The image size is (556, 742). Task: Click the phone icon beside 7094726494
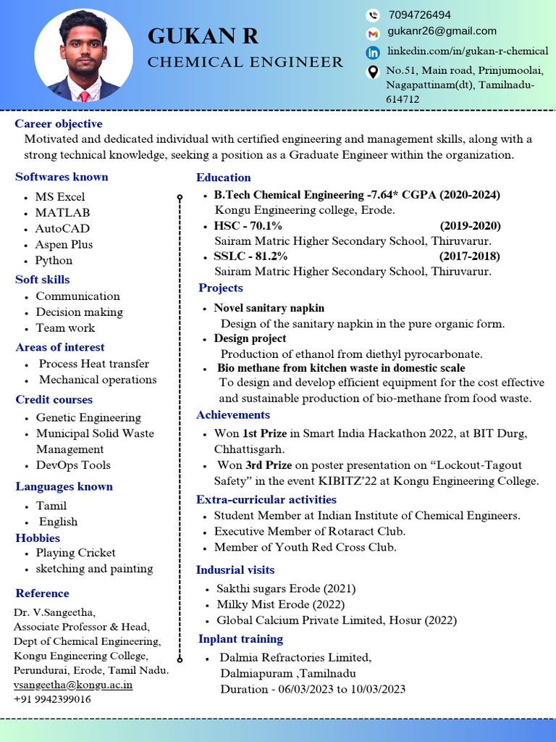(373, 14)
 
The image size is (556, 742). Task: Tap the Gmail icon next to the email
(373, 33)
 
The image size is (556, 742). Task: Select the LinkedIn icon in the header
(373, 52)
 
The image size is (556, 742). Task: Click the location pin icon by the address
(373, 71)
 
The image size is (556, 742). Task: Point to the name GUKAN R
(203, 36)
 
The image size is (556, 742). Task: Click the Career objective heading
(59, 124)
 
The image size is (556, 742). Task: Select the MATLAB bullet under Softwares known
(62, 212)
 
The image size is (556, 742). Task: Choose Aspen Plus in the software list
(64, 244)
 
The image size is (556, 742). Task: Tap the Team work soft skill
(65, 328)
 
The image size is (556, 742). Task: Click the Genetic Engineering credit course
(88, 417)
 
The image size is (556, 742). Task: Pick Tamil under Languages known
(51, 506)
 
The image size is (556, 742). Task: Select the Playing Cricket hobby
(75, 553)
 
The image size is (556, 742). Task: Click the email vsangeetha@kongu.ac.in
(73, 685)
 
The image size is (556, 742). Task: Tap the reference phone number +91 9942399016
(52, 699)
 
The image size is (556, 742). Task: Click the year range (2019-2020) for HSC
(470, 225)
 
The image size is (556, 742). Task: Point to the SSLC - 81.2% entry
(250, 256)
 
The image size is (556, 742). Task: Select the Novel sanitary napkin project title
(269, 308)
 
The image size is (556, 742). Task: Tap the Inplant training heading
(240, 639)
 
